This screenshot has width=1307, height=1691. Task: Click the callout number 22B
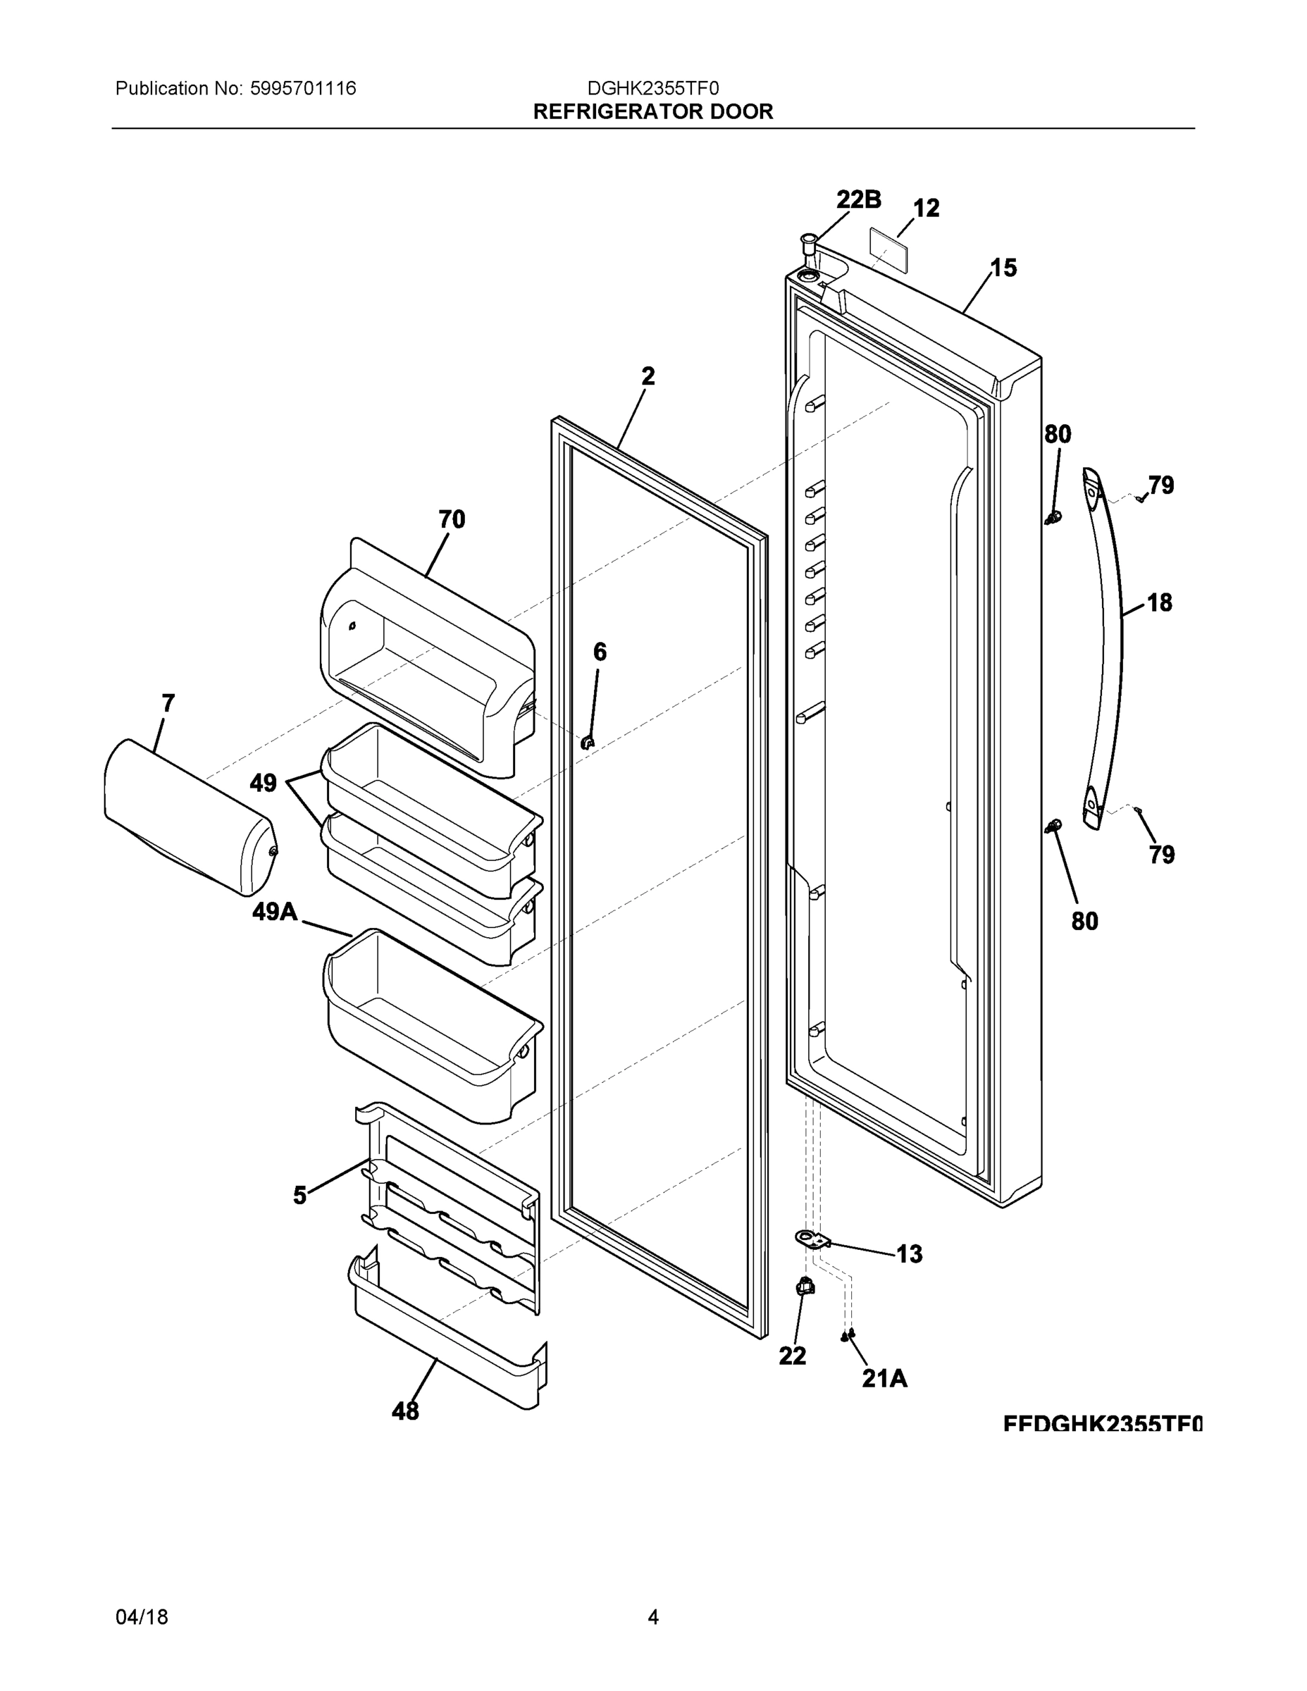tap(858, 200)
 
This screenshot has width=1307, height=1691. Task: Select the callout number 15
tap(1003, 268)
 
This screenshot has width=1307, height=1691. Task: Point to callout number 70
tap(452, 519)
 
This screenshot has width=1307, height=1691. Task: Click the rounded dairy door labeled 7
tap(186, 817)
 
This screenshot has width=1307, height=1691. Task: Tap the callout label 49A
tap(275, 912)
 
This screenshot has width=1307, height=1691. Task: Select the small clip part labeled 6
tap(587, 743)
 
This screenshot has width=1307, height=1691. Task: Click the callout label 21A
tap(884, 1377)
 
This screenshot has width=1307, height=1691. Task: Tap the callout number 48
tap(405, 1411)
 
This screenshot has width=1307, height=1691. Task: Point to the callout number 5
tap(299, 1196)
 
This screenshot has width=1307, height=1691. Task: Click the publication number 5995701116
tap(303, 88)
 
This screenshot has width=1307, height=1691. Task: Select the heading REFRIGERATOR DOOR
tap(652, 112)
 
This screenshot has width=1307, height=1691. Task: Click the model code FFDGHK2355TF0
tap(1102, 1423)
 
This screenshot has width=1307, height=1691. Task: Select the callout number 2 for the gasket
tap(648, 376)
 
